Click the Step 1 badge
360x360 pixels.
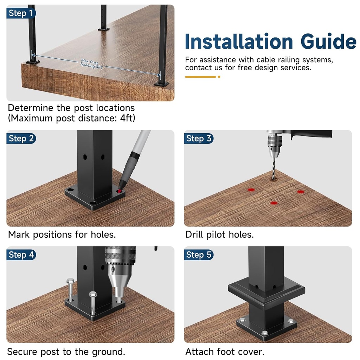[21, 13]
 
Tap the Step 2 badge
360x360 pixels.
[21, 139]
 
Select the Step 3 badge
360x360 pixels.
[199, 139]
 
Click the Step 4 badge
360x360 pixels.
[21, 255]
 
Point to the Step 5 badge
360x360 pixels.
[199, 255]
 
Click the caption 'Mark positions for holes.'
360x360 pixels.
[62, 234]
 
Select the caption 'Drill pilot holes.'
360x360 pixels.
[219, 234]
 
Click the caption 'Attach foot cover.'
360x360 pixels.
[225, 352]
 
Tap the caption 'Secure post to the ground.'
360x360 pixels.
[66, 352]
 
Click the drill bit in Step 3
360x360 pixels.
[274, 168]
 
